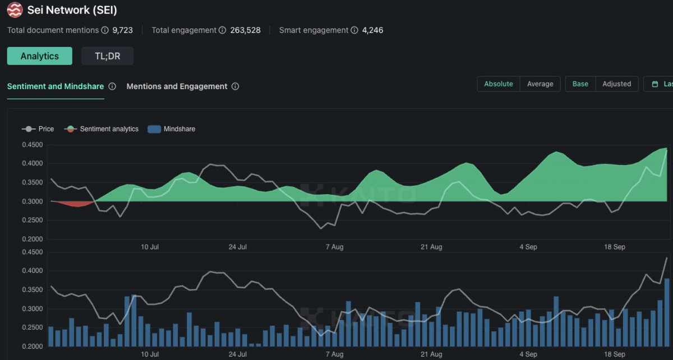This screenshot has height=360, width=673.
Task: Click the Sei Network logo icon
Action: pos(15,10)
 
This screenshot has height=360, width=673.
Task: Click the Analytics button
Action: pos(40,56)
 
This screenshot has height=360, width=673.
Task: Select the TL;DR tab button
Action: pos(107,56)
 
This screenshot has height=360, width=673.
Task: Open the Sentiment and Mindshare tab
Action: pos(56,86)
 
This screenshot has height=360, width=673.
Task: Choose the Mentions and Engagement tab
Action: pos(177,86)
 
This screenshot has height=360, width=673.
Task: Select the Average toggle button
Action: pos(540,84)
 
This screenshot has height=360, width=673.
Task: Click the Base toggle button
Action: pos(580,84)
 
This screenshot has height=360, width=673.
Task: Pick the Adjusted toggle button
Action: pos(616,84)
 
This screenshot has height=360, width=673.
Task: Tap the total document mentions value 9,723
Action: pos(123,30)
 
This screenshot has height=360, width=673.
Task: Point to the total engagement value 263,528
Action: pos(245,30)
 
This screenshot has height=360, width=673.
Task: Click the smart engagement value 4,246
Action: pos(372,30)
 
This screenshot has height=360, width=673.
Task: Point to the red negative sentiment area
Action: pos(73,204)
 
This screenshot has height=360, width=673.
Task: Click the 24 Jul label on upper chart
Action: pos(238,247)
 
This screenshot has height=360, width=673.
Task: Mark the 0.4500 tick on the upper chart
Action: pos(32,145)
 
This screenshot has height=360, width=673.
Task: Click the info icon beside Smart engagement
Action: pos(354,30)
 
